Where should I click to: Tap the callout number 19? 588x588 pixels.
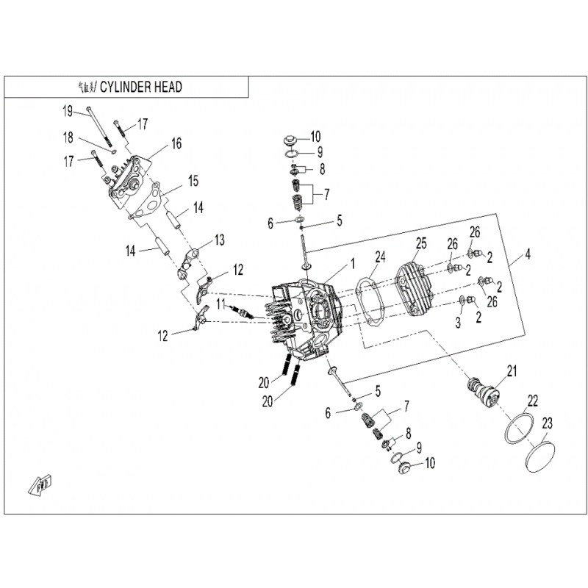(x=67, y=111)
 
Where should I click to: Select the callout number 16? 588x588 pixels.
(x=176, y=143)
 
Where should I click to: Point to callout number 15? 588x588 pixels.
(x=193, y=180)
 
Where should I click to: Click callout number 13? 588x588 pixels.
(x=219, y=240)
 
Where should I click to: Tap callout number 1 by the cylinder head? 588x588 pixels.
(x=353, y=262)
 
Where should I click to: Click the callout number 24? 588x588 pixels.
(x=379, y=257)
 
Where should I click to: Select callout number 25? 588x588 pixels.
(x=420, y=243)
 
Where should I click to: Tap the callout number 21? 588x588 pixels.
(x=512, y=370)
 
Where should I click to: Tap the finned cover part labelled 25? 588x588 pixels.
(x=415, y=288)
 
